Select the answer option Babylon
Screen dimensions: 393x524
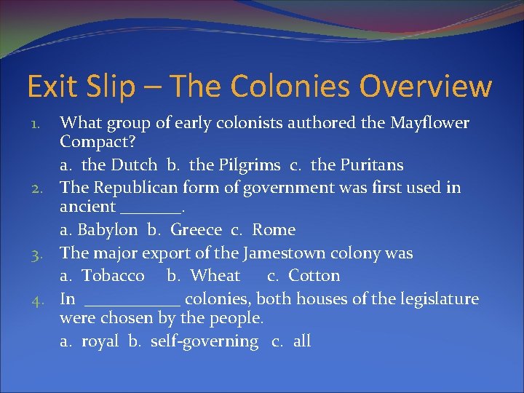coord(107,231)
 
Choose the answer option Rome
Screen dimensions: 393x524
coord(274,231)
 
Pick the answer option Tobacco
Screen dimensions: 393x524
coord(113,276)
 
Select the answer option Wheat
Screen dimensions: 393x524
coord(214,276)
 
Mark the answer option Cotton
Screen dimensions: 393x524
coord(314,276)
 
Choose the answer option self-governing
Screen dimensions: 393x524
coord(205,341)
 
